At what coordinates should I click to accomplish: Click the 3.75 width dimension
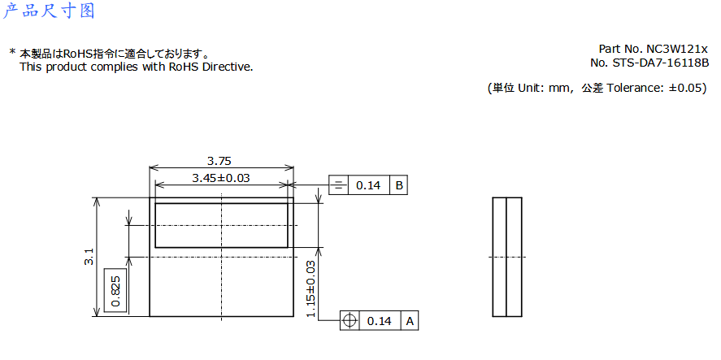[x=219, y=162]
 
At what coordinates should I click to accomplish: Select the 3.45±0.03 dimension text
[x=221, y=178]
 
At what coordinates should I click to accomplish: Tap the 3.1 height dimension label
[x=89, y=257]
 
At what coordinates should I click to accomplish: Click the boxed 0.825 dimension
[x=115, y=291]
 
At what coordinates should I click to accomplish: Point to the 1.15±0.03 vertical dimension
[x=311, y=288]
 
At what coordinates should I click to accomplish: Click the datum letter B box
[x=398, y=185]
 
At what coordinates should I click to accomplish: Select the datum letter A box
[x=409, y=321]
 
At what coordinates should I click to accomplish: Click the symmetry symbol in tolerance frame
[x=338, y=185]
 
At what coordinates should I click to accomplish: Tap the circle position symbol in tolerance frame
[x=350, y=321]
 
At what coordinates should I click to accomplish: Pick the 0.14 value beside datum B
[x=369, y=185]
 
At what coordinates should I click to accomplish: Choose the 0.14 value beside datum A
[x=380, y=321]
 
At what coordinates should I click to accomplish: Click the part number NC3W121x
[x=678, y=49]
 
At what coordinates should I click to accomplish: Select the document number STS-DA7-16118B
[x=660, y=63]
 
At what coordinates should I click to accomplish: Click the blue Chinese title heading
[x=49, y=11]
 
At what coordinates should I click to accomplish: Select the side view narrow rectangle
[x=507, y=257]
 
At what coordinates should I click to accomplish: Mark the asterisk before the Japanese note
[x=12, y=53]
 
